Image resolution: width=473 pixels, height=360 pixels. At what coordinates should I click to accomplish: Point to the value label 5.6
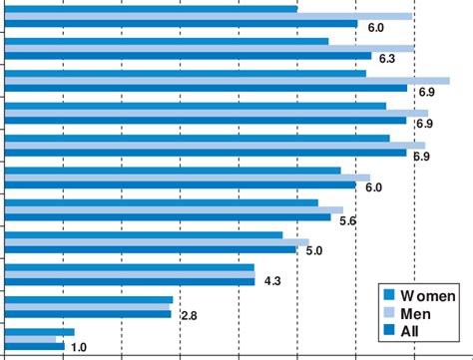(348, 220)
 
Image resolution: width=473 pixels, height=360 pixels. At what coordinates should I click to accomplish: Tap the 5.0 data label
(313, 251)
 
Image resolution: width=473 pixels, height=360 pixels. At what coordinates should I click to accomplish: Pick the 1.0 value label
(80, 347)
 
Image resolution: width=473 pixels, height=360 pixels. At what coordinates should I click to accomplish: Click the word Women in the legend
(428, 295)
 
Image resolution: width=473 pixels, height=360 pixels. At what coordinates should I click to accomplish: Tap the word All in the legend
(411, 330)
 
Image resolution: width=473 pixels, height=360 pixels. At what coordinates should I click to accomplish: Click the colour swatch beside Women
(391, 295)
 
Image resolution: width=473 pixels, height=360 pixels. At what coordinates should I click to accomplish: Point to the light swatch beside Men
(391, 313)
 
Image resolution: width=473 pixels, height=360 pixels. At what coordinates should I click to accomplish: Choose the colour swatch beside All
(391, 330)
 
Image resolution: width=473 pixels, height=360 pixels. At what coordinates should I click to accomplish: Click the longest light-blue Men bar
(228, 81)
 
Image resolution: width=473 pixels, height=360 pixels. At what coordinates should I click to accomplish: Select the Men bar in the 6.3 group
(210, 48)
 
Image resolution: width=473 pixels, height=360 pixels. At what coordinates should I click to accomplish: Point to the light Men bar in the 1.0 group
(31, 339)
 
